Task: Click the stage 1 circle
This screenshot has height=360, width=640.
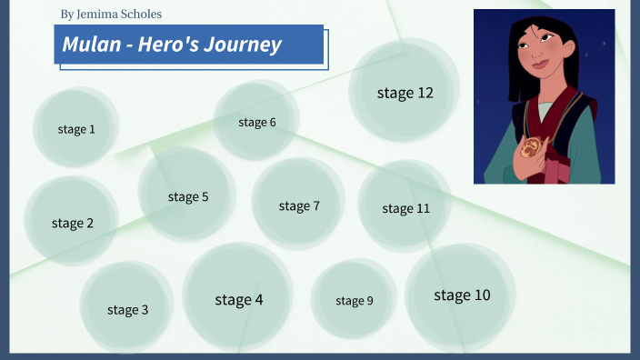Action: [x=76, y=129]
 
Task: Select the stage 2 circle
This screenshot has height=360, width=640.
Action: [x=72, y=223]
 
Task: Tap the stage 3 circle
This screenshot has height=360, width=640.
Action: [x=127, y=309]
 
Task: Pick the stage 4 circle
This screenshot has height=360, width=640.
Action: [x=238, y=298]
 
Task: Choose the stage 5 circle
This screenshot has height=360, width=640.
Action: [x=187, y=196]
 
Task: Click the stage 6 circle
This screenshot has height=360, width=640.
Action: [x=257, y=122]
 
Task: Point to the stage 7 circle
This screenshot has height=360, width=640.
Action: [x=299, y=205]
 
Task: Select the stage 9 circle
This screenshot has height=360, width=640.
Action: [x=354, y=300]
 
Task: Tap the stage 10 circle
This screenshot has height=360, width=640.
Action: [x=461, y=295]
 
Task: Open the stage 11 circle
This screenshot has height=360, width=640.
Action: [x=405, y=208]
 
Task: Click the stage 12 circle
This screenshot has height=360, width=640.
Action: [x=405, y=93]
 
